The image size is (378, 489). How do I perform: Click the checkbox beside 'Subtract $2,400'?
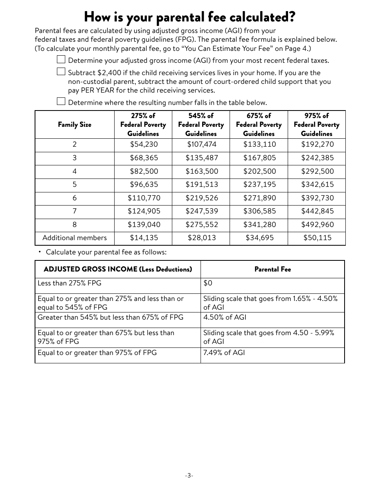tap(61, 72)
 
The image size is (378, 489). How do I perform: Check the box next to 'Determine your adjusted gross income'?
tap(61, 60)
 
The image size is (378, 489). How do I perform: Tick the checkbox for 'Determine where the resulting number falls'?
tap(61, 101)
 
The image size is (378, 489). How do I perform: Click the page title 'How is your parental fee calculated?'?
tap(190, 17)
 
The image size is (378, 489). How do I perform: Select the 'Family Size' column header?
tap(74, 125)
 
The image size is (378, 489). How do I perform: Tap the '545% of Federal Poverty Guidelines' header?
tap(201, 125)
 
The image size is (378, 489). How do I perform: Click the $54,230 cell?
tap(144, 145)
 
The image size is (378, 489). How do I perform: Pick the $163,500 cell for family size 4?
tap(201, 171)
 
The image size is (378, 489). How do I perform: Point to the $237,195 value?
tap(259, 184)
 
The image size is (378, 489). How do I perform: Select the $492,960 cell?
tap(317, 225)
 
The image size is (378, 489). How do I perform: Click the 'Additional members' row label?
tap(74, 238)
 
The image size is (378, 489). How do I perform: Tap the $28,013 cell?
tap(201, 238)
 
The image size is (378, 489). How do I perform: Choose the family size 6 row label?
tap(74, 198)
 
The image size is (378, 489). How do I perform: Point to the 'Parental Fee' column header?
tap(273, 270)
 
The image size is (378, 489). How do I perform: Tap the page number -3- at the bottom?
tap(189, 475)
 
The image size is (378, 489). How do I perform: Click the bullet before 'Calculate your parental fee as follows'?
tap(40, 252)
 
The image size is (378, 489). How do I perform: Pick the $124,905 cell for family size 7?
tap(144, 211)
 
